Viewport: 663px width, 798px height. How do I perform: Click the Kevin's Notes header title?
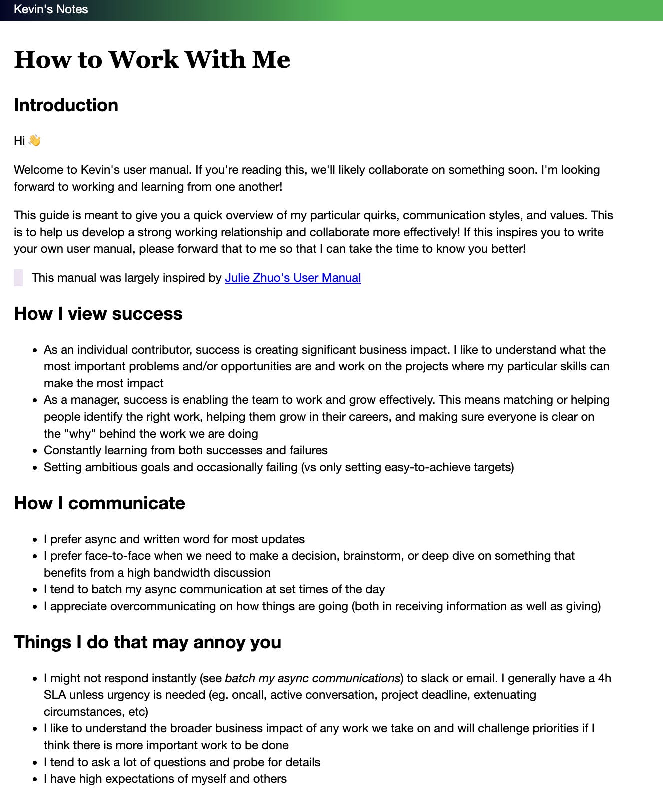(51, 9)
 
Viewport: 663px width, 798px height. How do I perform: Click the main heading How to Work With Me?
(152, 60)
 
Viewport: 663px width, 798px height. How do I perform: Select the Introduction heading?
(66, 105)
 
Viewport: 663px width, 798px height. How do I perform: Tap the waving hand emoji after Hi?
(34, 140)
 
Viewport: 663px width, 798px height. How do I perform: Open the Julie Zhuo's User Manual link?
(293, 278)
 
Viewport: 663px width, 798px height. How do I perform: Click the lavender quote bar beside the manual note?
(18, 278)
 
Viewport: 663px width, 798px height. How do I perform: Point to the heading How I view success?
(98, 314)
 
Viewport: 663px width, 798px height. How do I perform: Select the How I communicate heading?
(99, 503)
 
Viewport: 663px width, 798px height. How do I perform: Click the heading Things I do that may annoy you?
(147, 642)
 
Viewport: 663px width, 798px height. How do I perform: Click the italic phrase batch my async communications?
(312, 678)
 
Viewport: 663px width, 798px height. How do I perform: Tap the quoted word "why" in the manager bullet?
(80, 434)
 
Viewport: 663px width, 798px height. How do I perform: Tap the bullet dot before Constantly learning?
(35, 451)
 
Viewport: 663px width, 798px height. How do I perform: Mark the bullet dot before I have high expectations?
(35, 779)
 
